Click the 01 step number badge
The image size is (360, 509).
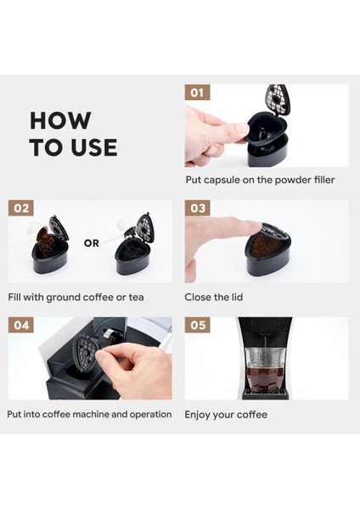point(197,92)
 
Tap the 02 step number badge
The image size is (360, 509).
point(20,208)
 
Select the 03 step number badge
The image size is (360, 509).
point(197,208)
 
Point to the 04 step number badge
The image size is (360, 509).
point(20,325)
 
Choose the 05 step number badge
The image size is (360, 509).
point(197,325)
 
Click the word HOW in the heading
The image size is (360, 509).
point(60,120)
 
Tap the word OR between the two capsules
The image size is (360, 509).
point(92,243)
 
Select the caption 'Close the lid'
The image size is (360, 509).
point(213,297)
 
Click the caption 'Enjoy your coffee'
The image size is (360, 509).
point(226,415)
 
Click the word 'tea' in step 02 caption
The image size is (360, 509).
point(136,298)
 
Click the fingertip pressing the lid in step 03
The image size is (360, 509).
point(252,226)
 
